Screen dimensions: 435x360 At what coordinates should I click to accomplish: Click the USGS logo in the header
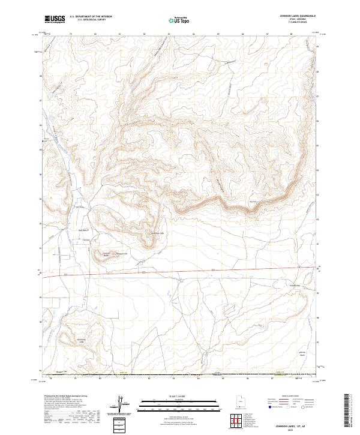[x=55, y=19]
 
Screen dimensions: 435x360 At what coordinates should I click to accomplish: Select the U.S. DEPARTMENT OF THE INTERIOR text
[x=91, y=17]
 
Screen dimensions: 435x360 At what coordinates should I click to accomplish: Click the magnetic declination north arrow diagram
[x=122, y=404]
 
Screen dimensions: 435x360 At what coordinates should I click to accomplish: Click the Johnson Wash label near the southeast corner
[x=302, y=353]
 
